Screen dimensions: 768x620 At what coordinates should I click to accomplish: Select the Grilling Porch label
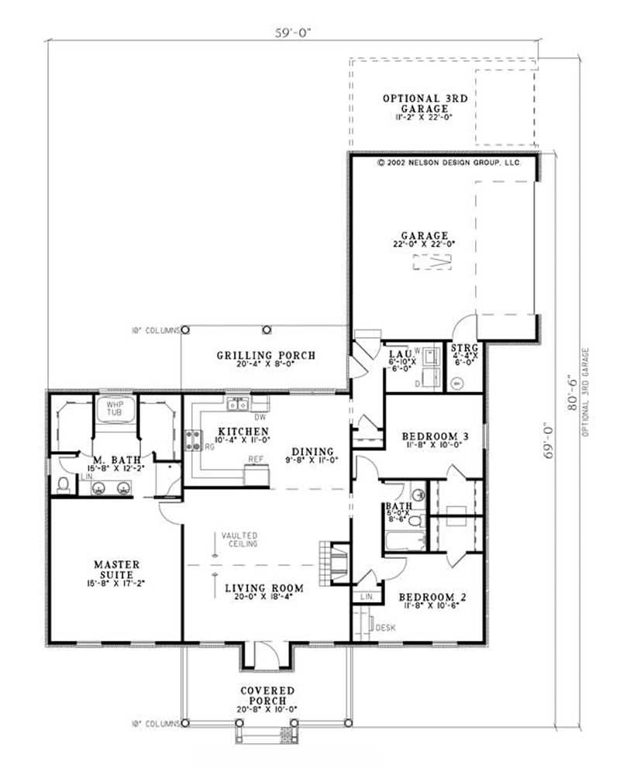(x=265, y=356)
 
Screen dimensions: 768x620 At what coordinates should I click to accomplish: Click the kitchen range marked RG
(x=190, y=442)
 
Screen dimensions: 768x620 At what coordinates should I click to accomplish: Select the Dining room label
(x=312, y=452)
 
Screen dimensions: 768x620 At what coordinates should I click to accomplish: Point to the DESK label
(x=386, y=627)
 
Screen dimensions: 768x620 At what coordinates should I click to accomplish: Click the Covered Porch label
(x=265, y=690)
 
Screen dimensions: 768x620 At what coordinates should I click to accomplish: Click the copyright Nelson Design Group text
(x=448, y=164)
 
